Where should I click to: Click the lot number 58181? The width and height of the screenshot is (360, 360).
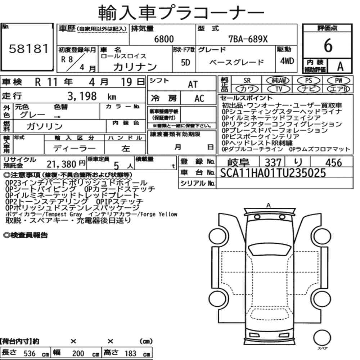coord(29,49)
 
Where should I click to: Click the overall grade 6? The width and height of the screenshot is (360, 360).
coord(328,45)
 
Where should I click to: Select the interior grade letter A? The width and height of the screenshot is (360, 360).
coord(340,66)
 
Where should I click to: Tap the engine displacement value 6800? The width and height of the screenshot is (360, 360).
coord(164,39)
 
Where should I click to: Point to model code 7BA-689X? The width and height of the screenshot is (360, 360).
coord(248,39)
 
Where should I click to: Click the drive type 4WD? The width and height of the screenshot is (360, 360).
coord(287,61)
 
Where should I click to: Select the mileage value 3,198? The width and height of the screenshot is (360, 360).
coord(82,96)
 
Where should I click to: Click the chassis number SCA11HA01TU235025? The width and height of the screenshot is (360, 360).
coord(273,173)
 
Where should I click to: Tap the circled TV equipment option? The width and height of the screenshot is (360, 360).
coord(279,89)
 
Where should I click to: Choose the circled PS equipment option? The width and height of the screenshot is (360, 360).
coord(309,80)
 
